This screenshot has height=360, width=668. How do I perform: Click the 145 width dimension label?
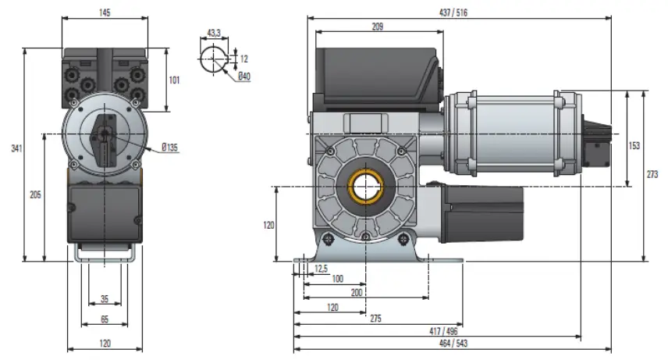coord(105,13)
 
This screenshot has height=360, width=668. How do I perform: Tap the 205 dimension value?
coord(35,194)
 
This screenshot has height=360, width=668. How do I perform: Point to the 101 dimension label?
coord(175,80)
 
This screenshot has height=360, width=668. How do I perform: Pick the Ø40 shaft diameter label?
coord(244,76)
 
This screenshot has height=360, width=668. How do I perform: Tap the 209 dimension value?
coord(378,27)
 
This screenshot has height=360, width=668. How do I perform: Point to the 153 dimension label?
coord(635,145)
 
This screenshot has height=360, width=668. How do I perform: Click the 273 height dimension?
coord(652,175)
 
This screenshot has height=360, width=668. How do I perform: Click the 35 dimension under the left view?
coord(105,300)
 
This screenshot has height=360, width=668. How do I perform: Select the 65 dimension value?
coord(105,319)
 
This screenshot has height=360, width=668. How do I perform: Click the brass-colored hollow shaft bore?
coord(365,187)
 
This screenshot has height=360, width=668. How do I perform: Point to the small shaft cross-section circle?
coord(214,59)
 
